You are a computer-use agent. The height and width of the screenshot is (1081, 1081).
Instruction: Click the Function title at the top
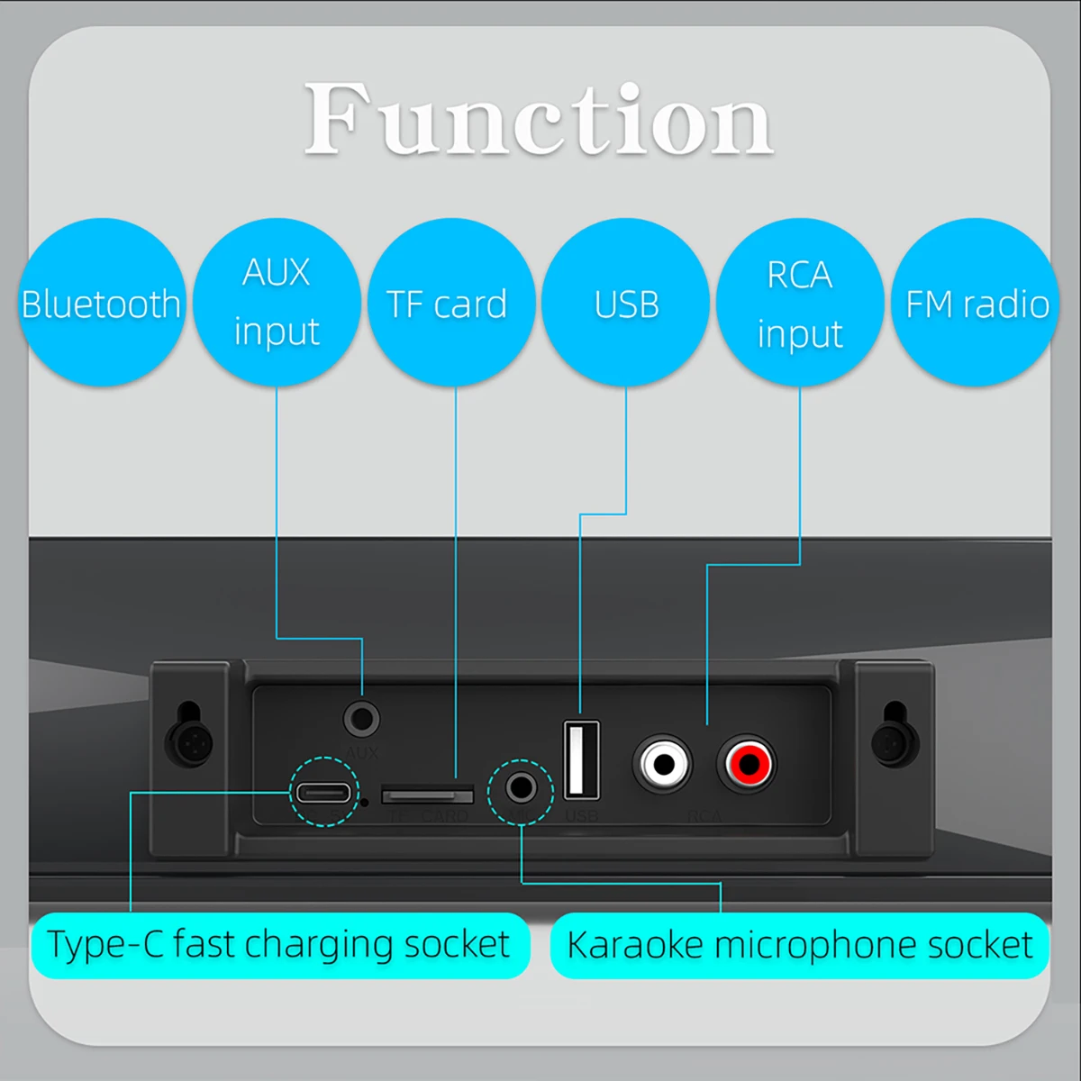click(539, 120)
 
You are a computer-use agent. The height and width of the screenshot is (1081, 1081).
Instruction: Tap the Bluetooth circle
click(101, 304)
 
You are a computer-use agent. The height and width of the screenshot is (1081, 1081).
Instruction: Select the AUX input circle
click(277, 302)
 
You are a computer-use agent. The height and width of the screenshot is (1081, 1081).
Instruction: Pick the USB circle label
click(626, 304)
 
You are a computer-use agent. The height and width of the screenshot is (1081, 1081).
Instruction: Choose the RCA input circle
click(800, 304)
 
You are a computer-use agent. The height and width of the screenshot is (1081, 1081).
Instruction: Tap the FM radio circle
click(977, 304)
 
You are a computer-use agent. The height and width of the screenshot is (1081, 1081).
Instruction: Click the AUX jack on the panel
click(361, 719)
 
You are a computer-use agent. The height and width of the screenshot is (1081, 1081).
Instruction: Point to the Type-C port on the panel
click(322, 793)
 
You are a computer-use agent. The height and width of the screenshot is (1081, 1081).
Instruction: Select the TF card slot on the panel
click(428, 795)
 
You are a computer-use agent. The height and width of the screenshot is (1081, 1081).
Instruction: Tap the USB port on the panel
click(581, 759)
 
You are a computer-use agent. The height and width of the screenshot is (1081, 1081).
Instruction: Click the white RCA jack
click(663, 764)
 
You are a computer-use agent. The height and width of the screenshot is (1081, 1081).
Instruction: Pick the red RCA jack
click(747, 764)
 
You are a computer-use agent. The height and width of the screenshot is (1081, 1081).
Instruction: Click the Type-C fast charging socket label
click(279, 945)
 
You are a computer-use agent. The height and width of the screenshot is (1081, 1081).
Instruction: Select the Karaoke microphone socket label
click(799, 945)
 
